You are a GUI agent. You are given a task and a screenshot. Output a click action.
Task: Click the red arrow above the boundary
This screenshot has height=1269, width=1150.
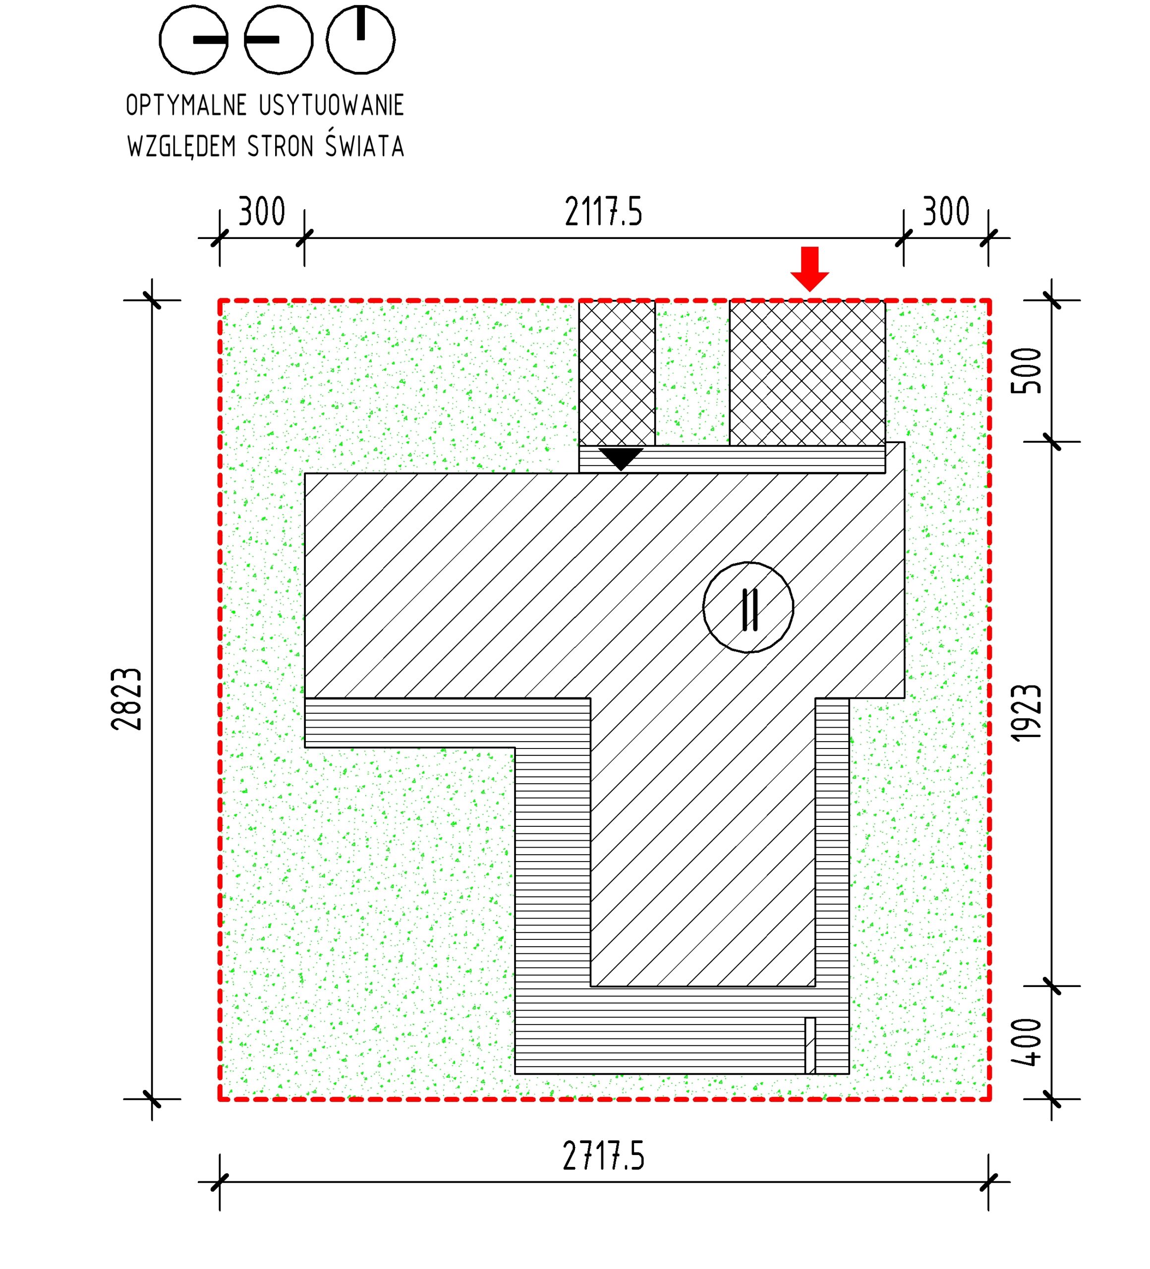tap(809, 269)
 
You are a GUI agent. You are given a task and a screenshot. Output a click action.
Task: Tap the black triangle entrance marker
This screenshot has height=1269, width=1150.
tap(621, 458)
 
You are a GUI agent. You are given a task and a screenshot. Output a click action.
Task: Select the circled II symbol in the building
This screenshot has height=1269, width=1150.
tap(748, 607)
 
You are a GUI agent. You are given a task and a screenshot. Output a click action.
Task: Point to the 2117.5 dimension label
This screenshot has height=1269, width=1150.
tap(603, 212)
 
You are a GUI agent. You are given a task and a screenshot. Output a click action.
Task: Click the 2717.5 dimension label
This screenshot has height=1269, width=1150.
tap(604, 1156)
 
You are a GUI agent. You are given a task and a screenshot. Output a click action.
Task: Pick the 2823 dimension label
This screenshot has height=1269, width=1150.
tap(126, 699)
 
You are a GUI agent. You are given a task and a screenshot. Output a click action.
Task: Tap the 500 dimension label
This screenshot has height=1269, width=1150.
tap(1026, 371)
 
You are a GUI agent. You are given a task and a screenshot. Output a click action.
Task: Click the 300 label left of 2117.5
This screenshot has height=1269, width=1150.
tap(262, 212)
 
